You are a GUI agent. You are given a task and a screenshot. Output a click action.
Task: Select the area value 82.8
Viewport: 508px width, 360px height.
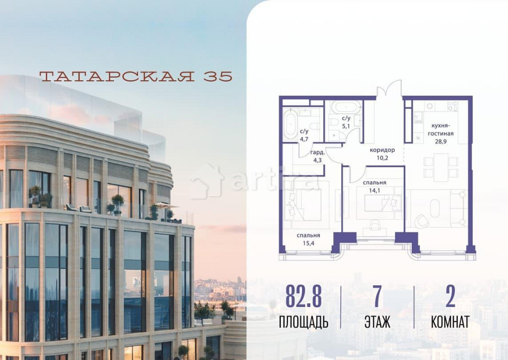click(303, 298)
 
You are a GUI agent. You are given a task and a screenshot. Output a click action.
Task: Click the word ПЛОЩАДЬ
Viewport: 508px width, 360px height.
click(303, 322)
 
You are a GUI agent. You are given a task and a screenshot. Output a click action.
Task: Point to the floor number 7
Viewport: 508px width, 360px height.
click(377, 298)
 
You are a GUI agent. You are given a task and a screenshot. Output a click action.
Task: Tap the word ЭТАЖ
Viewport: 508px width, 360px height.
click(377, 322)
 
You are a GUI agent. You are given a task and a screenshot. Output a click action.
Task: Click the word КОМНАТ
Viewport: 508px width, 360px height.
click(450, 322)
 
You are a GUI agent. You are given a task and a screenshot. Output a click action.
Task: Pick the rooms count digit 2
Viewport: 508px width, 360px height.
click(450, 298)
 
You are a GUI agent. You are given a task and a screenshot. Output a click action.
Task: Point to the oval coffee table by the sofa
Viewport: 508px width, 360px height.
click(437, 208)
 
